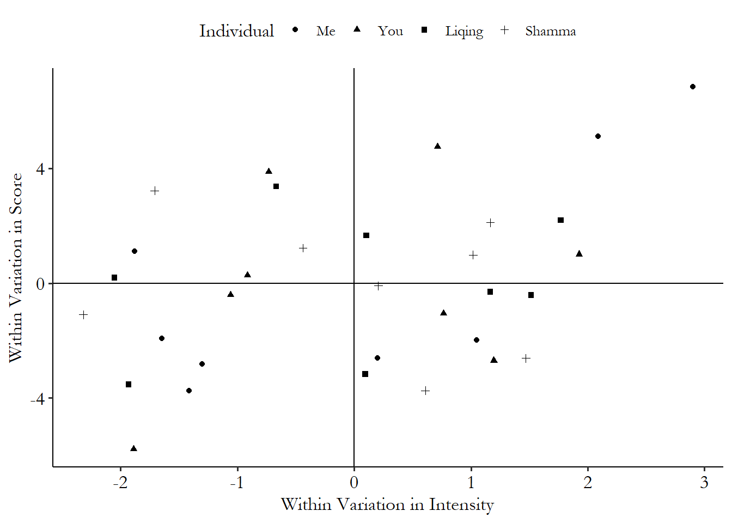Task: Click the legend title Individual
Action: click(x=236, y=31)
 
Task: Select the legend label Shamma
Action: click(x=550, y=31)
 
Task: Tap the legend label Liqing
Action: click(x=464, y=31)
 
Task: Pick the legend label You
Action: click(x=391, y=31)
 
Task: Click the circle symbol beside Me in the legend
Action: click(x=295, y=30)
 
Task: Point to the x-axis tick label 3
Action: click(x=704, y=483)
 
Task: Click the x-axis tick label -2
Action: click(x=120, y=483)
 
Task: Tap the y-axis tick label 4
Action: click(x=40, y=169)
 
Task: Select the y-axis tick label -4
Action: click(x=37, y=399)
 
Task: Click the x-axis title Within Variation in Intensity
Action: click(x=387, y=504)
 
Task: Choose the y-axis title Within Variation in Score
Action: click(x=15, y=267)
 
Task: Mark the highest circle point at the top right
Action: click(x=693, y=87)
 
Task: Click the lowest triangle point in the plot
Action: click(x=134, y=448)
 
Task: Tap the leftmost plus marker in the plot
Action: click(x=83, y=315)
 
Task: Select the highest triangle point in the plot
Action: click(x=437, y=146)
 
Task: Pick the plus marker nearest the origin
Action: click(x=379, y=285)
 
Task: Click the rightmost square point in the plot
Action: click(x=560, y=220)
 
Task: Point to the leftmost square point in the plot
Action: click(x=114, y=278)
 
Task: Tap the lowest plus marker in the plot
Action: click(x=425, y=391)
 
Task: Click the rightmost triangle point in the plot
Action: click(x=579, y=253)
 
